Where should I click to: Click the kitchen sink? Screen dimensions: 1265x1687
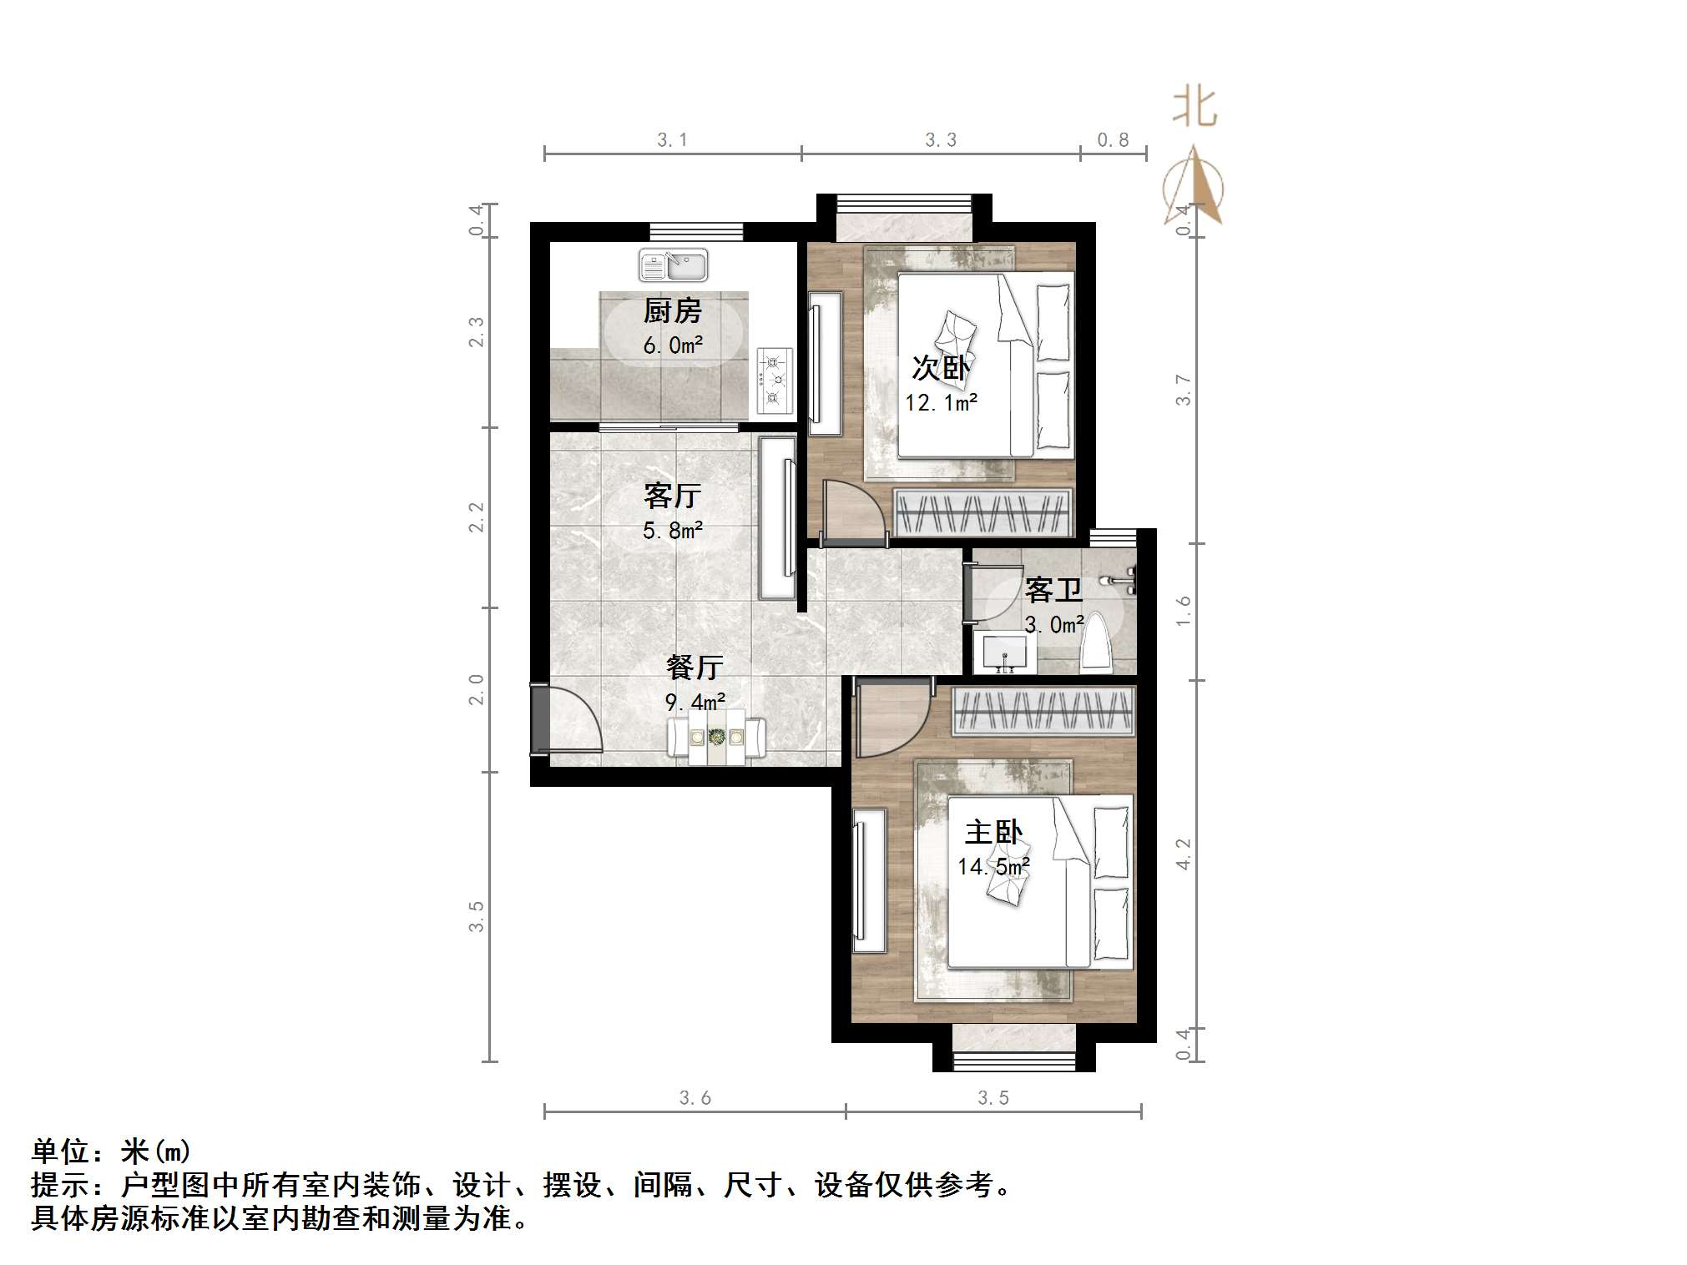pos(673,265)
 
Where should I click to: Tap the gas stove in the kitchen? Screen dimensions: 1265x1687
pos(774,381)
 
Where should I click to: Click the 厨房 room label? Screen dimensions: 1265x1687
pos(672,311)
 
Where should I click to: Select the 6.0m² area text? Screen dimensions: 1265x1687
pos(672,345)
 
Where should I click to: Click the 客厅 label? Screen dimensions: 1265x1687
pos(672,496)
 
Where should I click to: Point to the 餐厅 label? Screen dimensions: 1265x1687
pos(694,668)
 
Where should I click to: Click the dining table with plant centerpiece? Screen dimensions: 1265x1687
pos(716,737)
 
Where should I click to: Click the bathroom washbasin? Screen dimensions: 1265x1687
pos(1005,653)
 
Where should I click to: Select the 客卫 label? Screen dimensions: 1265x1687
pos(1053,591)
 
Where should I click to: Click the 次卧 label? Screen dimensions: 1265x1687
pos(941,368)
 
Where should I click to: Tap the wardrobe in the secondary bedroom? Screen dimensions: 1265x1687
pos(982,512)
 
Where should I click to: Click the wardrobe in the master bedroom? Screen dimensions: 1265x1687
pos(1043,711)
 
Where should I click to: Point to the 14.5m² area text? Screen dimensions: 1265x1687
pos(993,867)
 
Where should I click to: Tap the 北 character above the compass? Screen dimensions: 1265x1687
pos(1195,108)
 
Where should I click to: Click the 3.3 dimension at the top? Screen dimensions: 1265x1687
pos(941,140)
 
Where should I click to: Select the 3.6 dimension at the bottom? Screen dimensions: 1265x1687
pos(694,1098)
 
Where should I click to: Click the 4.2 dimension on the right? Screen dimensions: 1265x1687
pos(1184,854)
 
